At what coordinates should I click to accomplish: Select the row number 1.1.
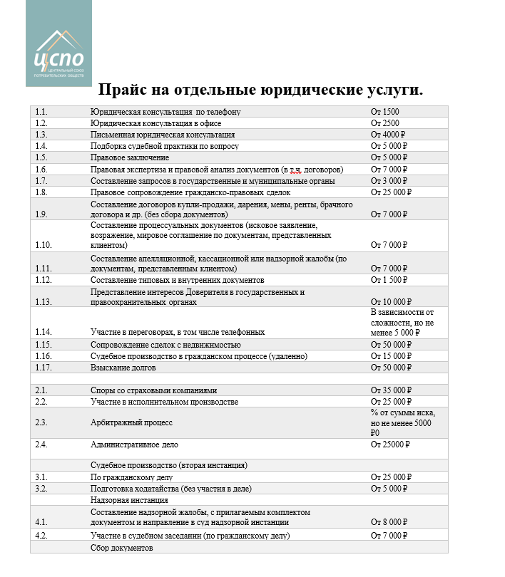pyautogui.click(x=41, y=112)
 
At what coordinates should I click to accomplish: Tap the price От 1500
pyautogui.click(x=385, y=112)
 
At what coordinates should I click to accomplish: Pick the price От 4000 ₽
pyautogui.click(x=388, y=135)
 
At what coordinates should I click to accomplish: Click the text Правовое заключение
pyautogui.click(x=130, y=157)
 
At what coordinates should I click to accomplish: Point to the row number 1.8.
pyautogui.click(x=41, y=192)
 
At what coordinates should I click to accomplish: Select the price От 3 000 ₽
pyautogui.click(x=389, y=180)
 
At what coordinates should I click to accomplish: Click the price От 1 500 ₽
pyautogui.click(x=389, y=280)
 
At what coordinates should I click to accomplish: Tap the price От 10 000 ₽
pyautogui.click(x=392, y=301)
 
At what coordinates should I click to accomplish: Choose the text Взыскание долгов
pyautogui.click(x=123, y=368)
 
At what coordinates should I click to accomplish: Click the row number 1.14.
pyautogui.click(x=43, y=332)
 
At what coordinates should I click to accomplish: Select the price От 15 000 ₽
pyautogui.click(x=392, y=355)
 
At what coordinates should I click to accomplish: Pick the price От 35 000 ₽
pyautogui.click(x=392, y=390)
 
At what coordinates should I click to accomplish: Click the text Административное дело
pyautogui.click(x=134, y=444)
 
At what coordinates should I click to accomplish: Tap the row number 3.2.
pyautogui.click(x=41, y=489)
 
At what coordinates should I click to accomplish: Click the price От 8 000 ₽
pyautogui.click(x=389, y=522)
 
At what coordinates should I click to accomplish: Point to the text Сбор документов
pyautogui.click(x=122, y=547)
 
